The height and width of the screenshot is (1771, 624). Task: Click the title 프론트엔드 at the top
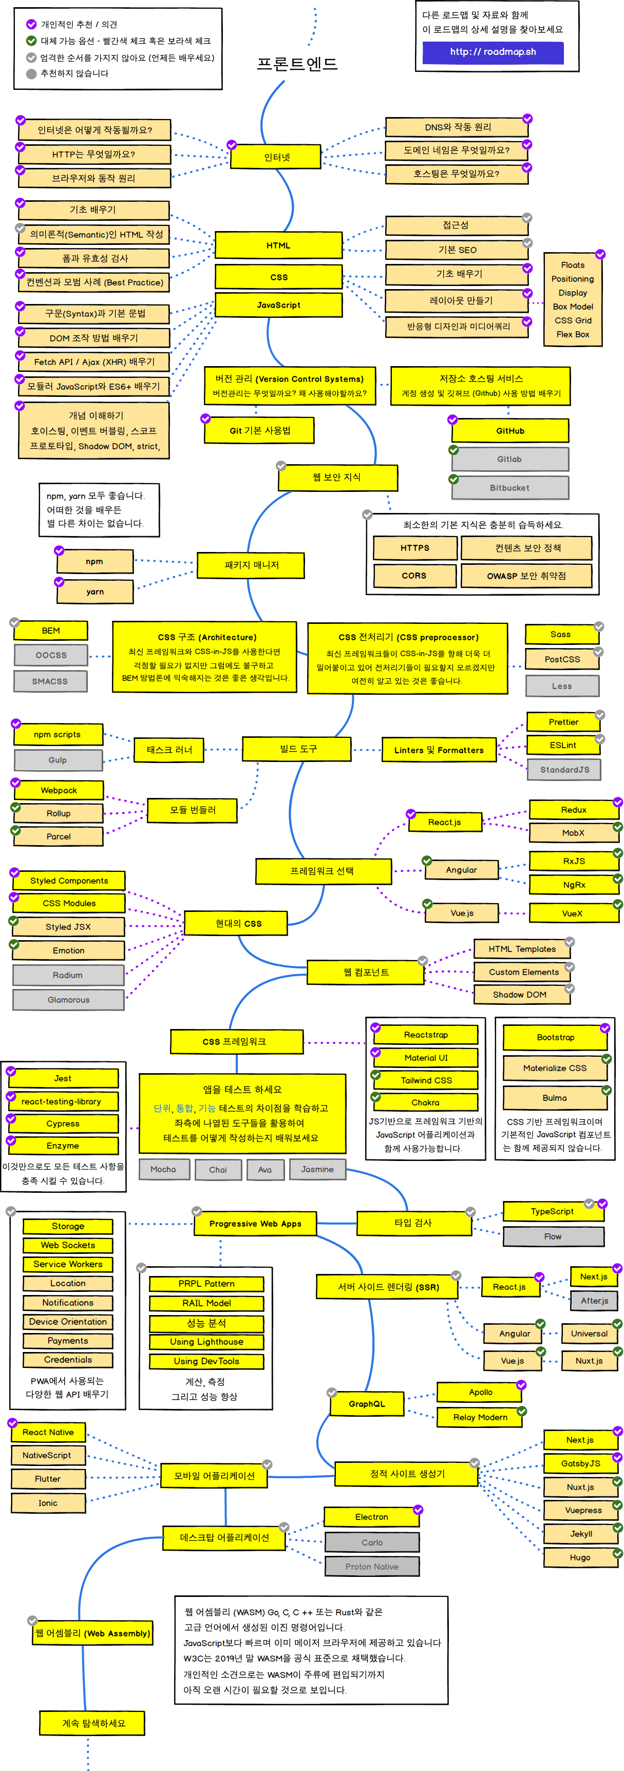tap(297, 64)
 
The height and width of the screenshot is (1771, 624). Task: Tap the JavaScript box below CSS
tap(279, 305)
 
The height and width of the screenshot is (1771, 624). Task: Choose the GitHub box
tap(510, 431)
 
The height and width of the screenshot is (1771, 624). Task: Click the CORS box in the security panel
tap(414, 576)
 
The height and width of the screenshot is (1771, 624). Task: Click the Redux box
tap(573, 810)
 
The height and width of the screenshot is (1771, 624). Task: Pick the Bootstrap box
tap(555, 1037)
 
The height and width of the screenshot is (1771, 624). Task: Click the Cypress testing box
tap(63, 1123)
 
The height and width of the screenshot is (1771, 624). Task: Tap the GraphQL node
tap(367, 1404)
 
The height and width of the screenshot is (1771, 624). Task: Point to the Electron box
tap(371, 1517)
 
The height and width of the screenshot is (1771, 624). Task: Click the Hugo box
tap(580, 1557)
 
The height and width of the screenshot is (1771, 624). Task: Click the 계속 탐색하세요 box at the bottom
tap(93, 1723)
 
